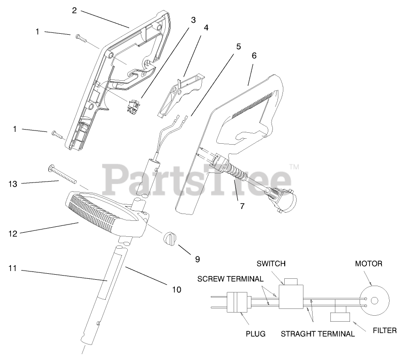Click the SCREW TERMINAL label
pyautogui.click(x=230, y=279)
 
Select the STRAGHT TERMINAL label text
pyautogui.click(x=317, y=334)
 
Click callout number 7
pyautogui.click(x=242, y=206)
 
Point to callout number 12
pyautogui.click(x=12, y=234)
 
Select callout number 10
pyautogui.click(x=176, y=289)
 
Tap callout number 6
pyautogui.click(x=254, y=56)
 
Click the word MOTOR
pyautogui.click(x=369, y=264)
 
